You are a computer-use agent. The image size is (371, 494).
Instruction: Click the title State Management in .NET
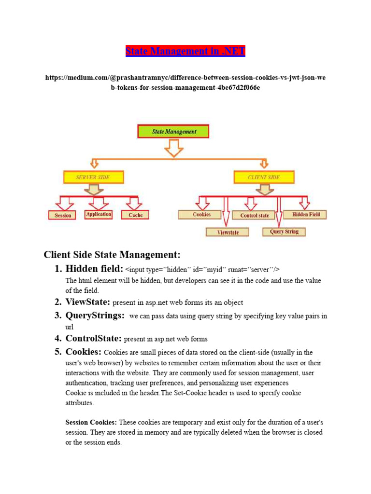185,51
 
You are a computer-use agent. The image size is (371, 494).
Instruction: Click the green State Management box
173,131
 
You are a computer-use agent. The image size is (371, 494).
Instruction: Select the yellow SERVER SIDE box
93,177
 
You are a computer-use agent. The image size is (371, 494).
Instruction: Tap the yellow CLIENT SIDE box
264,177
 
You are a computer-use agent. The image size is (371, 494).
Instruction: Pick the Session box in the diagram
63,215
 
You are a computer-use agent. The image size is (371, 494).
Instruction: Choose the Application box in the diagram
98,214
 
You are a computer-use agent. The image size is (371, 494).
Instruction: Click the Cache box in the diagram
135,215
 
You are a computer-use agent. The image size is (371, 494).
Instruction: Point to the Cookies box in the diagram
201,215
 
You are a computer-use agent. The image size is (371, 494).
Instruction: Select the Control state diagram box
255,215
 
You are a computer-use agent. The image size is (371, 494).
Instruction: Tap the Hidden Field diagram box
305,214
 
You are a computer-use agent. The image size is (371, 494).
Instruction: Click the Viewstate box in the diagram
228,232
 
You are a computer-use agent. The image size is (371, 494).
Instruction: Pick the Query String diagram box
284,232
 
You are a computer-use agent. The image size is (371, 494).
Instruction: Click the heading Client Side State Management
112,254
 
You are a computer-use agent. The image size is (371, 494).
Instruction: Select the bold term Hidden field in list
95,269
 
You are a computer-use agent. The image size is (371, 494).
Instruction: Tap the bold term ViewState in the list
88,302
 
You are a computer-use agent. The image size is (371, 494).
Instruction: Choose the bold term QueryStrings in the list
95,316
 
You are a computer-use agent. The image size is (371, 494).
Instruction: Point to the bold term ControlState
93,338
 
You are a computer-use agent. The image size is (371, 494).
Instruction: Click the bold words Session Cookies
91,422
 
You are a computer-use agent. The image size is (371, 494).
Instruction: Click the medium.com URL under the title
185,82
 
